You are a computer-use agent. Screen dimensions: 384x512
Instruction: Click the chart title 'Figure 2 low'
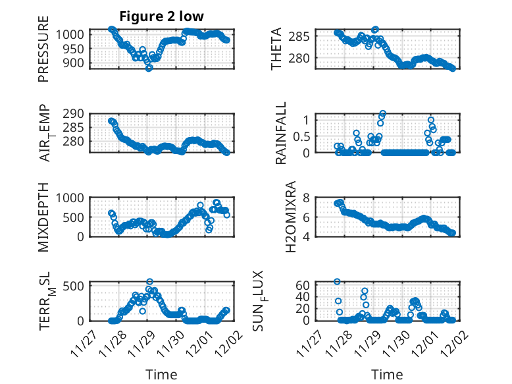click(x=161, y=16)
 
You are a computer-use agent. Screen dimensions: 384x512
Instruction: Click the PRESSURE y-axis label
click(x=44, y=53)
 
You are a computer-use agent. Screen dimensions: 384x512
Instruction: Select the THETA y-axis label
click(x=276, y=49)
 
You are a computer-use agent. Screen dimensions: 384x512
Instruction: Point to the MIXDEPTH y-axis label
click(x=44, y=217)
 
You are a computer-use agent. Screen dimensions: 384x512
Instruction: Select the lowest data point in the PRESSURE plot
click(x=149, y=68)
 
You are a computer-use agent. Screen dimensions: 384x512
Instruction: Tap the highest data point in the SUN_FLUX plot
click(x=337, y=281)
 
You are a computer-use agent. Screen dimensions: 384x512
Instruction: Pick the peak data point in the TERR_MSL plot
click(x=149, y=281)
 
